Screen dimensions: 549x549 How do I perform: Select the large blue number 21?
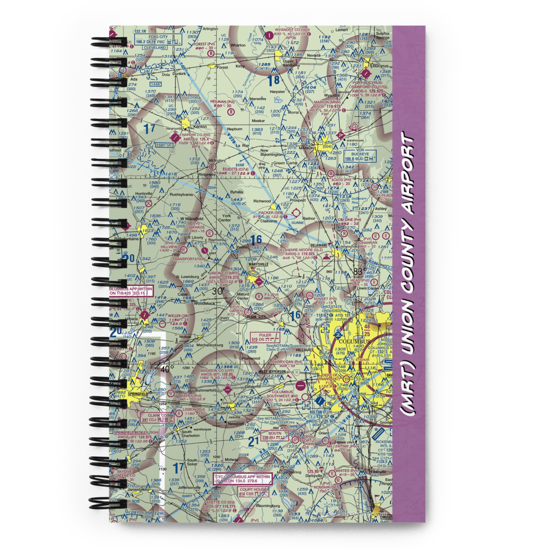[253, 441]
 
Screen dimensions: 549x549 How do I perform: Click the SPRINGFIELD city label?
[137, 394]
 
